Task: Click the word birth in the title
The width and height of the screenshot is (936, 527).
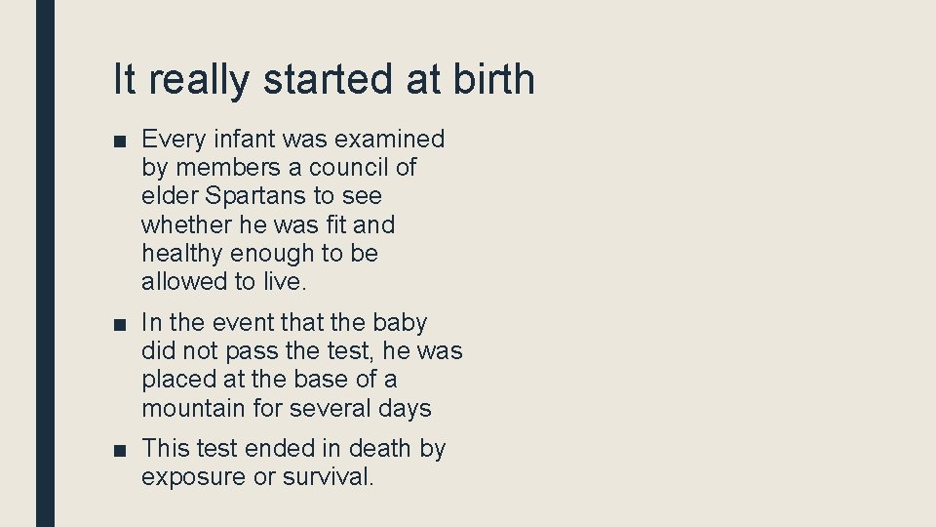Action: coord(493,79)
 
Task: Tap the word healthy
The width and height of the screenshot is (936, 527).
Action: coord(182,254)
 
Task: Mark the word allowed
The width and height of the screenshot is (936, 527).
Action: coord(182,282)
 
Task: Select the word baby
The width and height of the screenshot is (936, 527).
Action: coord(400,322)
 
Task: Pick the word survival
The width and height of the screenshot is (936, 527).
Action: coord(328,477)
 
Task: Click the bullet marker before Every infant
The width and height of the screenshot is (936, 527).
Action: coord(118,141)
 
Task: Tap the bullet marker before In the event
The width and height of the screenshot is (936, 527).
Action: coord(118,323)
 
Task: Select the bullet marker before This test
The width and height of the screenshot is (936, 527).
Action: coord(118,450)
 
